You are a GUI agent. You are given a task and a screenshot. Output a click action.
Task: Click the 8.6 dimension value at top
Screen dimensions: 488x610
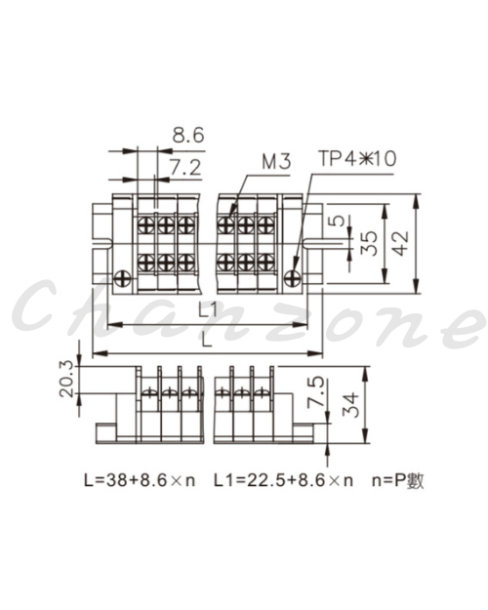188,136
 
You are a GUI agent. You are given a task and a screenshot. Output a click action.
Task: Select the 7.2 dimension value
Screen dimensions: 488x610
185,168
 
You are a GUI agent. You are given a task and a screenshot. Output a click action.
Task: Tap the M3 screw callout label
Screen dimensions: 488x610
276,161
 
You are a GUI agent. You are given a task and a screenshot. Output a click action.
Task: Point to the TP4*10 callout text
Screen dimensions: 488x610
357,159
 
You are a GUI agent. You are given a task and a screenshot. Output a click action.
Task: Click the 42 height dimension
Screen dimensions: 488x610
401,243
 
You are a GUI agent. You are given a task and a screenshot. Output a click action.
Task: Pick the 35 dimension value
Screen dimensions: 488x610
369,244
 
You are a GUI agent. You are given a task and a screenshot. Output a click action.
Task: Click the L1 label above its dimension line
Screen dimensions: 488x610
208,310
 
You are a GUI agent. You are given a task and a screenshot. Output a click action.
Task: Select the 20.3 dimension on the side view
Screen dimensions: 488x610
66,379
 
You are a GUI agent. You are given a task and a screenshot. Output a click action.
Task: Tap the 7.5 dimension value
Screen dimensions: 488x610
315,391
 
